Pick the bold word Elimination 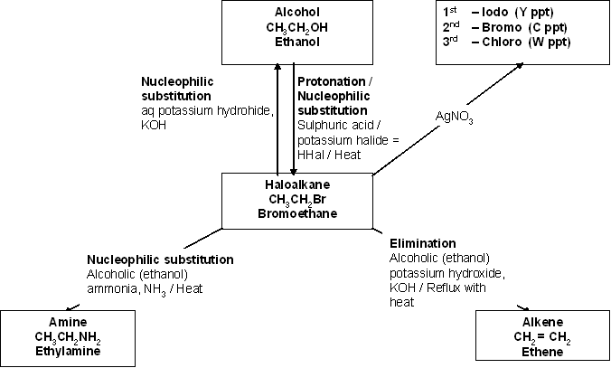pyautogui.click(x=422, y=244)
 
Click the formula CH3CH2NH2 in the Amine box pyautogui.click(x=61, y=336)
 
